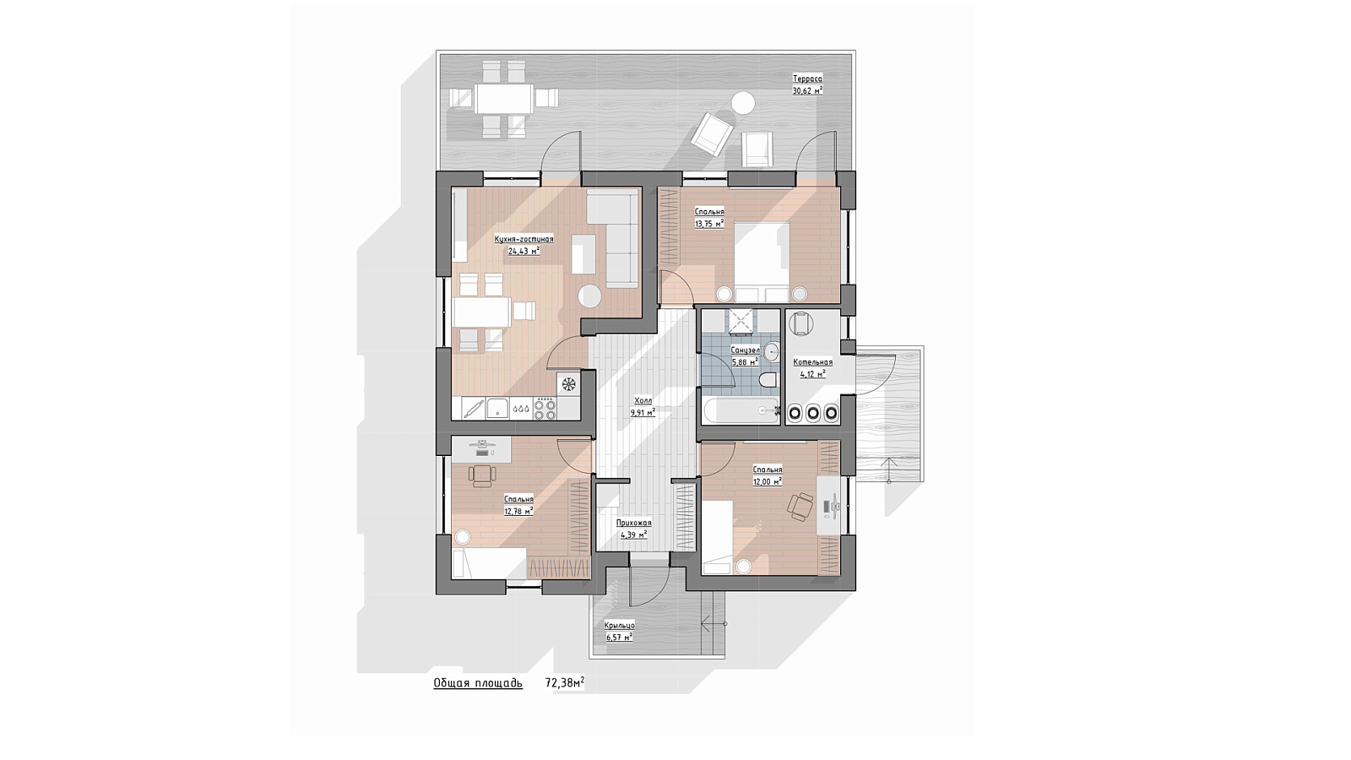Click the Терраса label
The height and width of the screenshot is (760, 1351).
point(807,79)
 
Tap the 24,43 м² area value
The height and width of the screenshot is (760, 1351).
point(524,251)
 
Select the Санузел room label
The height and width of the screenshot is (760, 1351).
point(745,350)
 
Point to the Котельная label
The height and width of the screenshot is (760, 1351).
point(813,362)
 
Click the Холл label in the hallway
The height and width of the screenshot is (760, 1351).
point(643,400)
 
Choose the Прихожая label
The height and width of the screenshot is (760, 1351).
point(634,523)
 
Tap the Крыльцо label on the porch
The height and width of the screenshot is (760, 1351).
point(620,626)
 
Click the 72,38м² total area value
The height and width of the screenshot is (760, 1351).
point(565,682)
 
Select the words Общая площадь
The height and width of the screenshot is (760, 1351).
point(478,683)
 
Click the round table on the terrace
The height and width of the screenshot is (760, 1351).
point(742,104)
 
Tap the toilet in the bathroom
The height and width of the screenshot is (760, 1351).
point(768,381)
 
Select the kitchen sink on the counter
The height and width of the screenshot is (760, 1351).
point(497,409)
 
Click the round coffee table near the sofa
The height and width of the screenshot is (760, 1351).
point(589,296)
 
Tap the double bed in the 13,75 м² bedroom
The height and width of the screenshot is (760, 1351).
point(762,262)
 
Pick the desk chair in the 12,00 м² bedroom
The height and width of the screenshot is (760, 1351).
point(801,506)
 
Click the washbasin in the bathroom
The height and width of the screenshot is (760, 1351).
point(771,351)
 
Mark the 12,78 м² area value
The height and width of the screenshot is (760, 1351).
point(518,512)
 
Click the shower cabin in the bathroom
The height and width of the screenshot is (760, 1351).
point(740,321)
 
